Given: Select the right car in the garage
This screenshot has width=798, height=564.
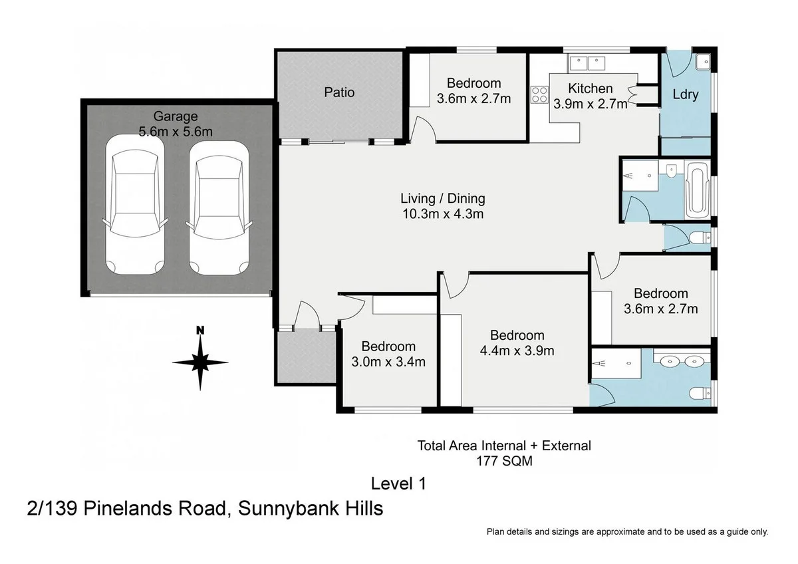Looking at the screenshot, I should tap(219, 208).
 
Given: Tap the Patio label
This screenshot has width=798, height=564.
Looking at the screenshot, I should tap(339, 92).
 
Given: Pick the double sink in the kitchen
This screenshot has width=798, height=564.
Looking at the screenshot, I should tap(587, 64).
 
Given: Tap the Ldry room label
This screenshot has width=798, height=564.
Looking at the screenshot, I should tap(685, 94).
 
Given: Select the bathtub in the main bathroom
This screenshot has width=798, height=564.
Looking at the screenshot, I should tap(696, 189).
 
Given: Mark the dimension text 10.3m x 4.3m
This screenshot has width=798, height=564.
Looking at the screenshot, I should tap(442, 214).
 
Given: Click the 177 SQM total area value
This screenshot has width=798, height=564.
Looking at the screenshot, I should tap(503, 460).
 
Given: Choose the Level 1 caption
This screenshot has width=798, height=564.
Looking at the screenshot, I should tap(398, 484).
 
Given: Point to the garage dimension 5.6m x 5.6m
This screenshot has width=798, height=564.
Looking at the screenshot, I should tap(176, 132).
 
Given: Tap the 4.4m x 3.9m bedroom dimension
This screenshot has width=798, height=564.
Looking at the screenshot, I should tap(517, 351).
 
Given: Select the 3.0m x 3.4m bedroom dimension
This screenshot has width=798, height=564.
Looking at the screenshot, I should tap(388, 362).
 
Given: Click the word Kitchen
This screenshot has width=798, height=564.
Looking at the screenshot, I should tap(590, 88).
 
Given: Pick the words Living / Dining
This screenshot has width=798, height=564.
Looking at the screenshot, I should tap(442, 198).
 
